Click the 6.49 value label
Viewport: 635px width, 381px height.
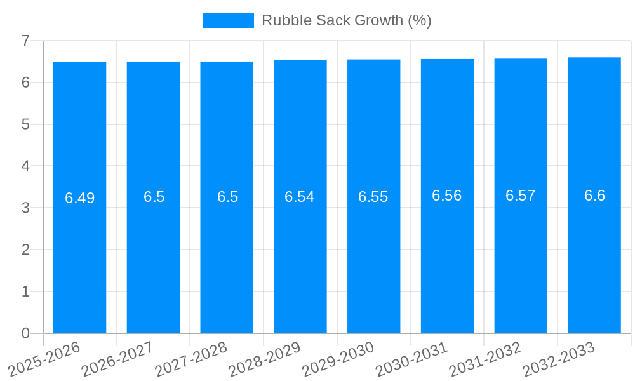click(79, 198)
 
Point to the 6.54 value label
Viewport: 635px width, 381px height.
click(300, 197)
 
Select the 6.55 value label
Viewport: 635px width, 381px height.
click(373, 197)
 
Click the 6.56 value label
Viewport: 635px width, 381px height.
click(447, 196)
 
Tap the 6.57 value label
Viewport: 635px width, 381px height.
click(521, 196)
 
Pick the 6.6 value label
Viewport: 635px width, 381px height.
click(594, 196)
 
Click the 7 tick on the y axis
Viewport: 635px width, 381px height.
click(25, 41)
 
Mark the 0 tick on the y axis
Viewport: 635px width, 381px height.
click(25, 333)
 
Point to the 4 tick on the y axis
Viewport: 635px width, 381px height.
click(25, 166)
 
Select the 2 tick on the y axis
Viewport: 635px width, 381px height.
click(25, 250)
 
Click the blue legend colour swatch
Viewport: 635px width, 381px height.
click(228, 20)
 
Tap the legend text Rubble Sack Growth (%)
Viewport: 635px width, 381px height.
click(346, 20)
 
